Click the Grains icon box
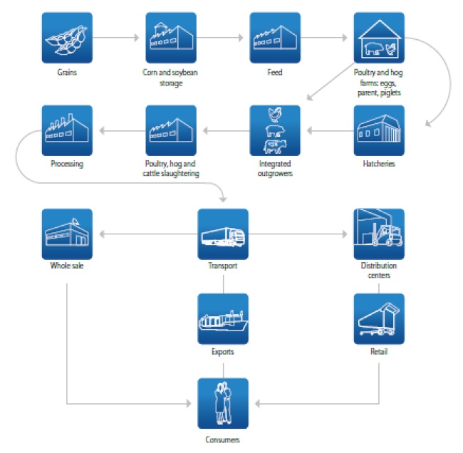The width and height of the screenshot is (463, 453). click(x=68, y=37)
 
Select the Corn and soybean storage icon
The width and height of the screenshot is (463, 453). click(x=171, y=37)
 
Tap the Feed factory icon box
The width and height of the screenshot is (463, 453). click(x=275, y=37)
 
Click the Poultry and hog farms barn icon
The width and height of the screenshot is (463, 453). click(x=379, y=37)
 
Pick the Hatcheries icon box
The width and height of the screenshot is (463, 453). click(x=379, y=130)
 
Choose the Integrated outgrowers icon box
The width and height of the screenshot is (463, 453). click(x=275, y=130)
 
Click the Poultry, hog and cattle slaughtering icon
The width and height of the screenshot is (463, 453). click(x=171, y=130)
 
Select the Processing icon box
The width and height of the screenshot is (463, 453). click(x=68, y=130)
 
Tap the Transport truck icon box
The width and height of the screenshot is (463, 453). click(x=223, y=234)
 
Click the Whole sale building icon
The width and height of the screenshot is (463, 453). click(x=68, y=234)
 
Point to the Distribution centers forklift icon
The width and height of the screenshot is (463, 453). click(x=379, y=234)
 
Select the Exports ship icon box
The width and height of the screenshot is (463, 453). click(x=223, y=318)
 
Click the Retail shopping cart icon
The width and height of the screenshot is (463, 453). click(x=379, y=318)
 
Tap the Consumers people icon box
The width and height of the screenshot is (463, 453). click(x=223, y=403)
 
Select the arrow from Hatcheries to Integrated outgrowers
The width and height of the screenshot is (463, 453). click(x=327, y=130)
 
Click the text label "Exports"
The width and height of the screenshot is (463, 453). click(x=223, y=352)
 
